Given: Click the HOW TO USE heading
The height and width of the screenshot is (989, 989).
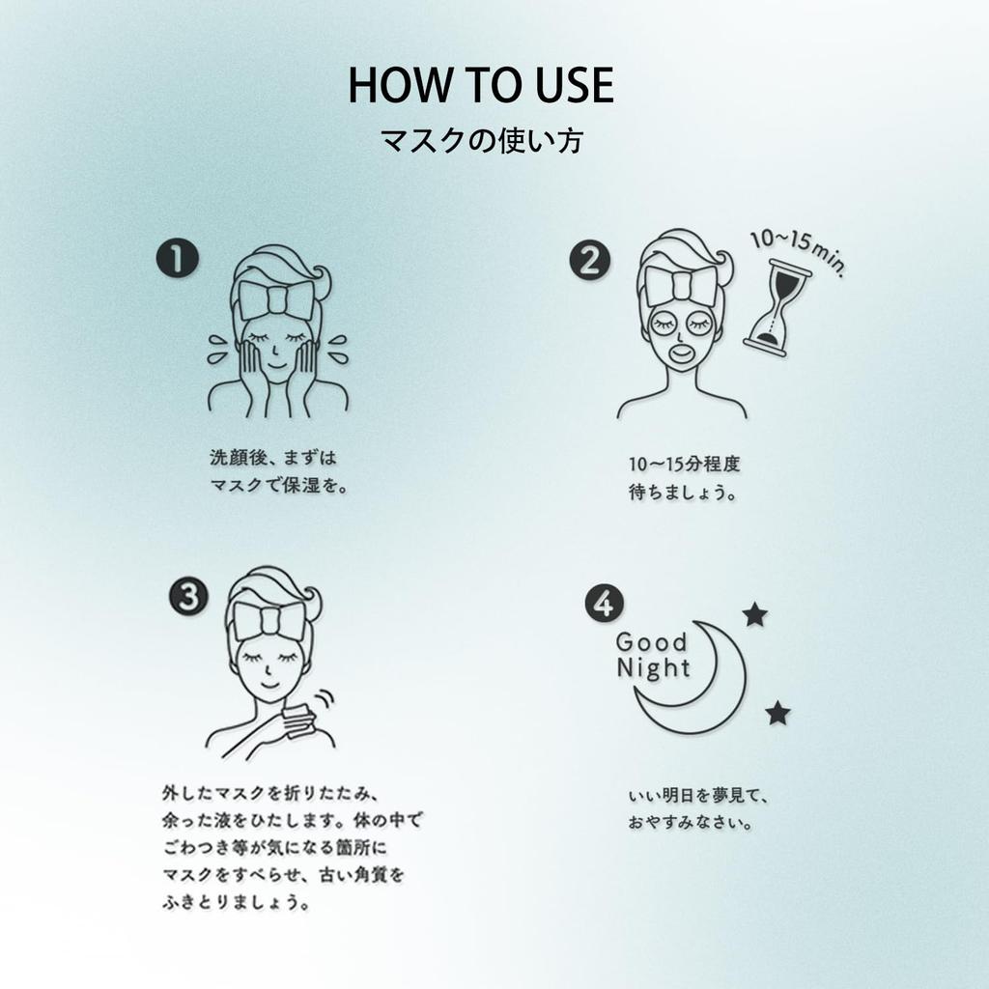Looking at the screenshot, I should (x=480, y=85).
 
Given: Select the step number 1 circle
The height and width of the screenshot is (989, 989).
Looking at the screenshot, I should (x=178, y=261).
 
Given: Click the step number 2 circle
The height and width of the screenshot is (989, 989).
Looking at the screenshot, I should (x=589, y=260).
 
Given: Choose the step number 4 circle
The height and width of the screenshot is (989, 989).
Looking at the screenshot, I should (x=604, y=604).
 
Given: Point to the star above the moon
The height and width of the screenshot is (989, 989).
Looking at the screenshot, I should (x=754, y=614).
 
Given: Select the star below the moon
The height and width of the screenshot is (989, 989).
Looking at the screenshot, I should (x=777, y=714).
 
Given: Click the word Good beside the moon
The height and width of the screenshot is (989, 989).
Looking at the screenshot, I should (x=651, y=642).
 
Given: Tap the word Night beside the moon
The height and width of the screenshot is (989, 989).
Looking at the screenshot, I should (x=653, y=668).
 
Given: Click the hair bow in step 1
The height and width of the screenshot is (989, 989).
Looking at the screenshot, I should (x=276, y=299).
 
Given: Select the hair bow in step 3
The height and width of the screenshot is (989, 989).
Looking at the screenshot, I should (x=269, y=620).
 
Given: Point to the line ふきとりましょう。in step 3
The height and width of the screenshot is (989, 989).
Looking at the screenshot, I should (x=236, y=904).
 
